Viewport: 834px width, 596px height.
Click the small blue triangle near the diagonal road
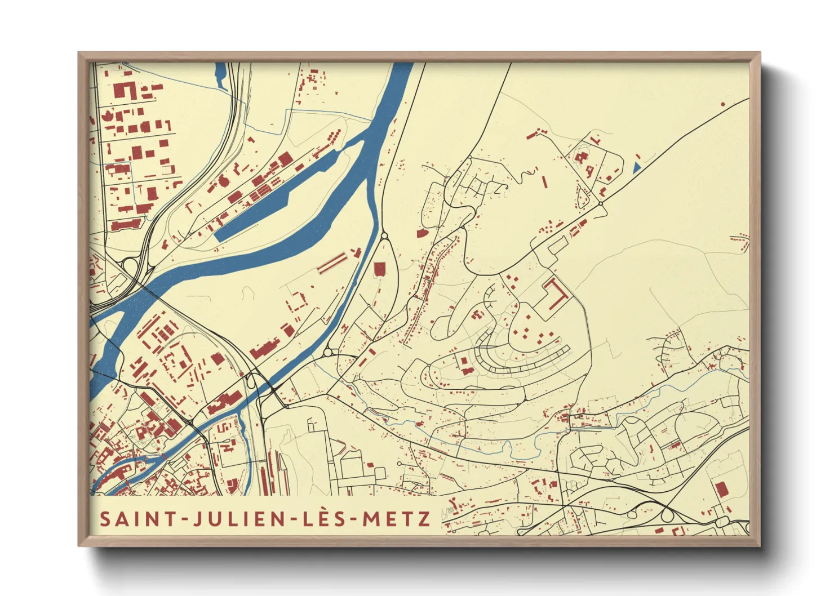pos(636,167)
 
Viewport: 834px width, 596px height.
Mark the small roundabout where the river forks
pos(384,237)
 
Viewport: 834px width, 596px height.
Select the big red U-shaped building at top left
pos(125,90)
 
